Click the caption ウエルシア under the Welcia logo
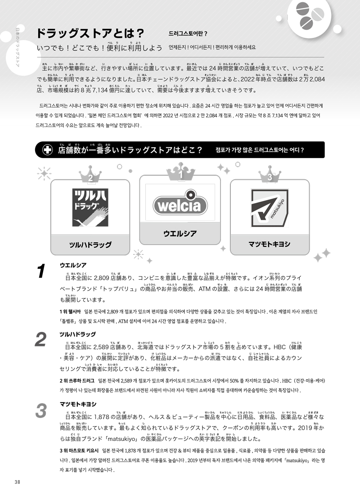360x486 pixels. [180, 233]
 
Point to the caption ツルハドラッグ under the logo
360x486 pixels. [90, 245]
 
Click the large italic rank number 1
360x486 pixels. [41, 272]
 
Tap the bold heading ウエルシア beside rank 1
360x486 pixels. [73, 265]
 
